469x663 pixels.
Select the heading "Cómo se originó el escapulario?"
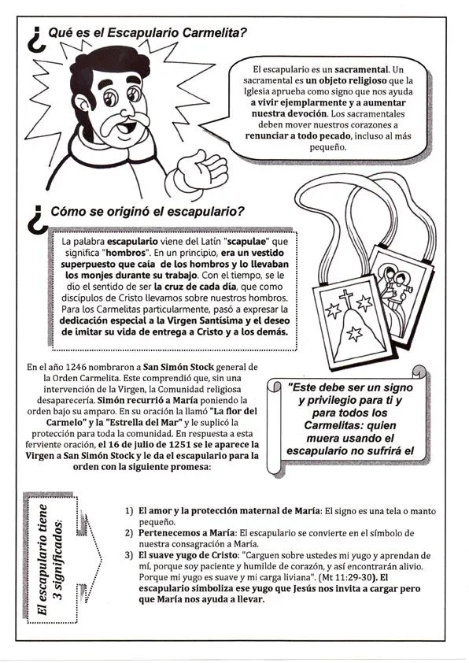(147, 212)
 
